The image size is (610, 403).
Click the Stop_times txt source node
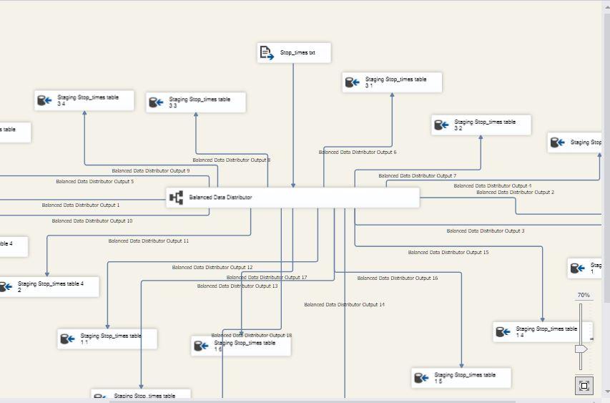tap(294, 53)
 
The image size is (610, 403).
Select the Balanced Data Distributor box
tap(293, 198)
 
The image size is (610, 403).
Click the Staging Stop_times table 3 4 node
tap(84, 100)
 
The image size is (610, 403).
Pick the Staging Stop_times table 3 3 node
tap(196, 102)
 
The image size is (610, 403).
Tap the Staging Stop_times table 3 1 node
tap(392, 82)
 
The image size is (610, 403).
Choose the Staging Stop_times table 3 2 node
tap(481, 125)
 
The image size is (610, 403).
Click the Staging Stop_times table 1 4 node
tap(542, 331)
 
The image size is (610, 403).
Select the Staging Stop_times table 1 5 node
tap(461, 378)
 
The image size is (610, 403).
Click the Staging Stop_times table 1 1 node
tap(107, 339)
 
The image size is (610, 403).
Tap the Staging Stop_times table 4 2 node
tap(48, 287)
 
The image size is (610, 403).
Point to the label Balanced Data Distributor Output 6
tap(358, 152)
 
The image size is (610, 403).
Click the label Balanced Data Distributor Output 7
tap(417, 176)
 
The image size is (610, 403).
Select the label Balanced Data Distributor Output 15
tap(448, 253)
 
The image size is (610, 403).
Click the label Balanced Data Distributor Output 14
tap(344, 305)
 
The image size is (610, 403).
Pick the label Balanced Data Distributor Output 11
tap(149, 241)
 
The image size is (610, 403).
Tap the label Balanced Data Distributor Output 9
tap(150, 171)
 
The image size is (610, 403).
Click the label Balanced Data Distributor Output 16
tap(397, 278)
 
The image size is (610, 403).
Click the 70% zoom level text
tap(584, 296)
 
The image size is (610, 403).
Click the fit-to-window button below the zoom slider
tap(584, 386)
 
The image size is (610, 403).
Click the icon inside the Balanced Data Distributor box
tap(176, 198)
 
